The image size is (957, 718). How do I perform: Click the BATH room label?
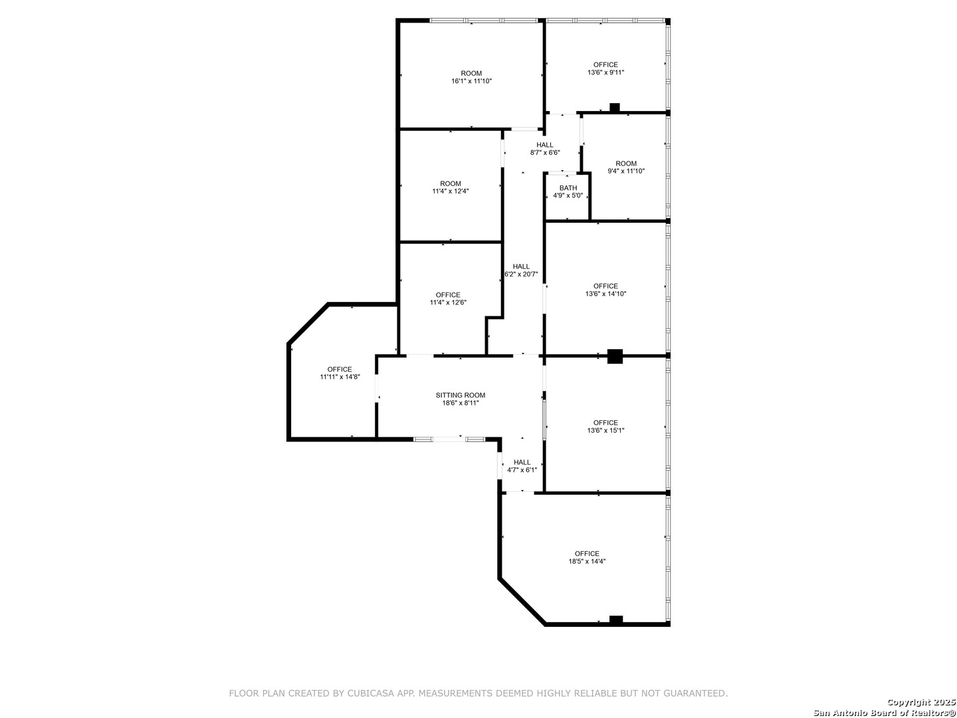[x=568, y=188]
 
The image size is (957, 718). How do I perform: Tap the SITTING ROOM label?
[x=461, y=396]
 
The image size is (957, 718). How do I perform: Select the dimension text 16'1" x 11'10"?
[x=471, y=81]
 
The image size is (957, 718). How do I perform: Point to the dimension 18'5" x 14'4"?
[x=587, y=561]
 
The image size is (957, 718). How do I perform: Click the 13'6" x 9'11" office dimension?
[x=605, y=72]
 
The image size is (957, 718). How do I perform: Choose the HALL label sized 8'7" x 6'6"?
[x=545, y=145]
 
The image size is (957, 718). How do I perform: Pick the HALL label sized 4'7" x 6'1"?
[x=522, y=462]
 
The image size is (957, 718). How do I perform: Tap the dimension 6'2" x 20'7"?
[x=521, y=274]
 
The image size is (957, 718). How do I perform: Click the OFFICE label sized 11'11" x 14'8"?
[x=340, y=370]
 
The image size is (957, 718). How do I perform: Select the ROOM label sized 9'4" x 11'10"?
[x=626, y=164]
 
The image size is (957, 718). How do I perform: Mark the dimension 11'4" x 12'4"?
[x=451, y=191]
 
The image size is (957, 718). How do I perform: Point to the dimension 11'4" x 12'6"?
[x=448, y=302]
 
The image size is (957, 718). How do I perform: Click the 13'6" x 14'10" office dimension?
[x=605, y=294]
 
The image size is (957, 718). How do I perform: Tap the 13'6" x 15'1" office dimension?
[x=605, y=430]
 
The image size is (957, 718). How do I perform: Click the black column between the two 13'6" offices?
[x=615, y=356]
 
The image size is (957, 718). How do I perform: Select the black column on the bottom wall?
[x=616, y=620]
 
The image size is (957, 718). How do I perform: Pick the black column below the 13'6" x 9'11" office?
[x=615, y=107]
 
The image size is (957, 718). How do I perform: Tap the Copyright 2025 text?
[x=920, y=702]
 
